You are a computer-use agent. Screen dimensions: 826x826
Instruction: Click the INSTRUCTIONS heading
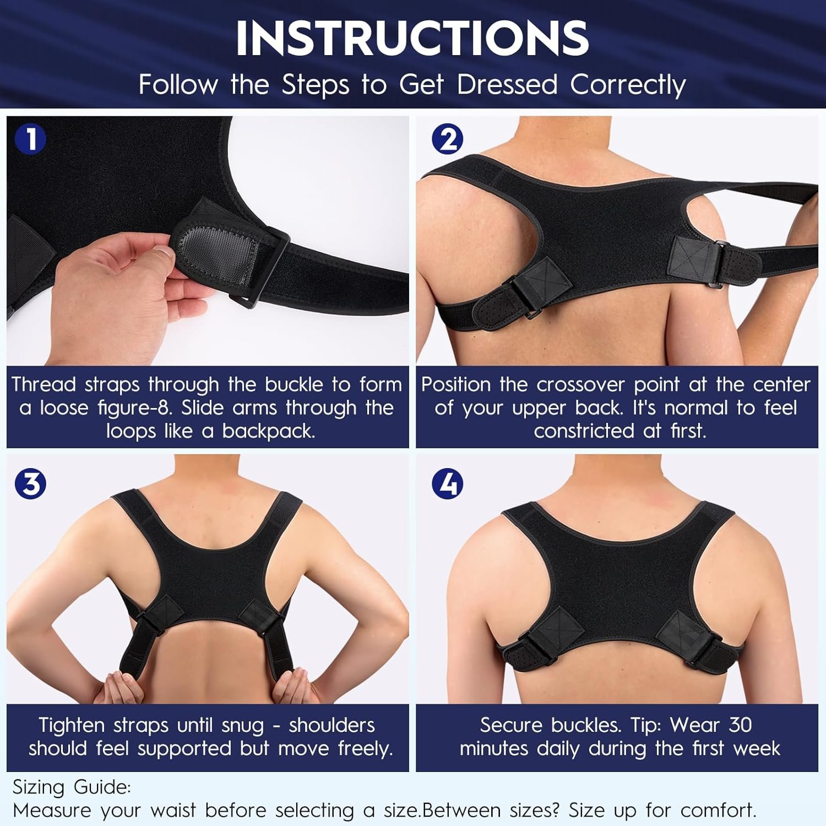pos(412,38)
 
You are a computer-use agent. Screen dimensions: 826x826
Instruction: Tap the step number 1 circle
pos(31,139)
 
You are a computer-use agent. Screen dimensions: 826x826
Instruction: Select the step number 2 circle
pos(447,139)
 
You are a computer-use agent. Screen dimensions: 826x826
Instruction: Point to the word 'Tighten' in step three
pos(72,725)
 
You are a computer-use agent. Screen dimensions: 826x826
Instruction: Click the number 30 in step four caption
pos(740,725)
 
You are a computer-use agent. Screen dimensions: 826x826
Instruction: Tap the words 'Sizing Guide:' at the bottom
pos(72,787)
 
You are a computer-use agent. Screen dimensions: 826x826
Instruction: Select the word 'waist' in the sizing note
pos(173,810)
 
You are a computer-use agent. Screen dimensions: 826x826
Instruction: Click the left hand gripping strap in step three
pos(118,686)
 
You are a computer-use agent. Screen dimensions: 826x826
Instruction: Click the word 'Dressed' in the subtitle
pos(507,85)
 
